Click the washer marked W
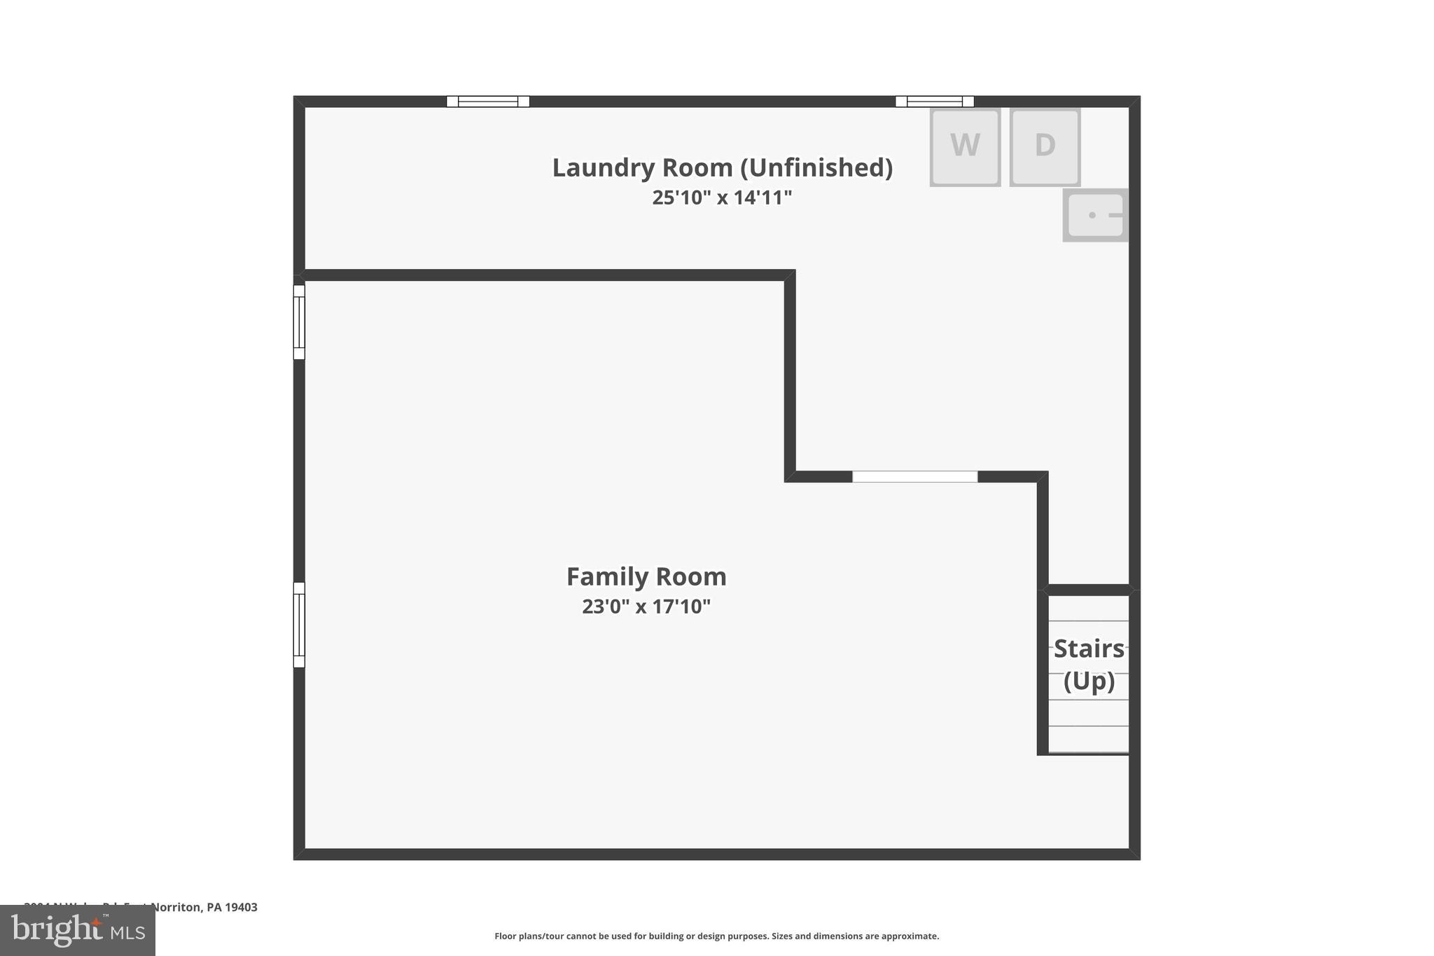tap(964, 146)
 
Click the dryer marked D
tap(1045, 146)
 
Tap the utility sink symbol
tap(1095, 215)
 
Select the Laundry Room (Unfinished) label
tap(722, 168)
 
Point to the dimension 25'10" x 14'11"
tap(722, 198)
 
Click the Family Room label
tap(646, 576)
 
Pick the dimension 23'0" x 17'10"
tap(646, 606)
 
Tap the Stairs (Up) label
tap(1089, 664)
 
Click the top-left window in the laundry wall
tap(488, 102)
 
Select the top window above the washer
tap(934, 102)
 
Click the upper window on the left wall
tap(299, 322)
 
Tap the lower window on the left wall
tap(299, 625)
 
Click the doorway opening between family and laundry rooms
tap(914, 477)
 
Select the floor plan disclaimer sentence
tap(716, 936)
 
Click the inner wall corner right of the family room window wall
tap(790, 476)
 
